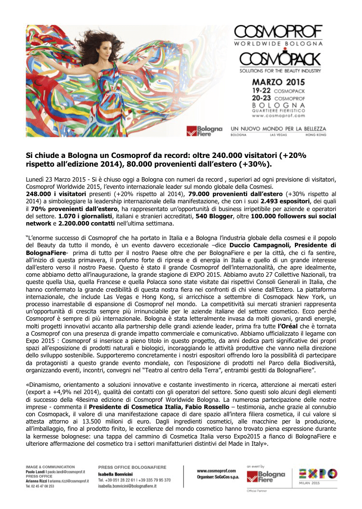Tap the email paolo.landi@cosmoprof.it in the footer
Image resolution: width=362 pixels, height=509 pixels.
pos(70,472)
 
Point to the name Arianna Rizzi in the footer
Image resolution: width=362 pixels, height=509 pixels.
pos(36,481)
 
